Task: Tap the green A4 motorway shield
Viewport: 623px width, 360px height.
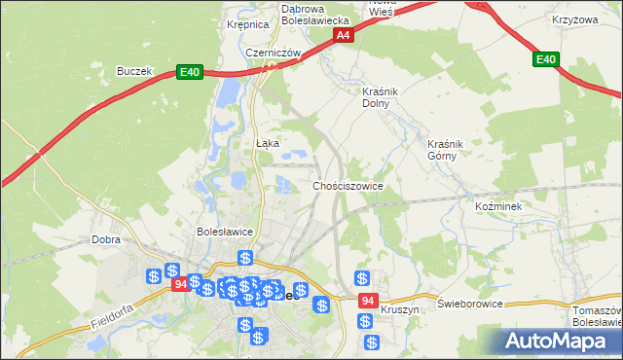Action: tap(343, 35)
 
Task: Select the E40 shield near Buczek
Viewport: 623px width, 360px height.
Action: tap(190, 72)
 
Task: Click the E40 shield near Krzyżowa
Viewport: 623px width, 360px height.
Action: tap(547, 60)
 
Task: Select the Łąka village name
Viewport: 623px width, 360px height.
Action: tap(267, 143)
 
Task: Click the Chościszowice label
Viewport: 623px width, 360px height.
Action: tap(348, 185)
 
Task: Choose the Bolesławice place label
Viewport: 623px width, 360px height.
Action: tap(225, 233)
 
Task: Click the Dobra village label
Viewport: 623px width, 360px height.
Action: tap(105, 238)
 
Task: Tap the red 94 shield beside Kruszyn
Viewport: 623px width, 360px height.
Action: tap(366, 302)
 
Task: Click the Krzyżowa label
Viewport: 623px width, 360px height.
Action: tap(573, 19)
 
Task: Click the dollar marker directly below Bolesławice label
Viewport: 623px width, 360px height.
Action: tap(245, 259)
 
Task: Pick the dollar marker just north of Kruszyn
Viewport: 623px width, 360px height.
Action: tap(362, 278)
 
